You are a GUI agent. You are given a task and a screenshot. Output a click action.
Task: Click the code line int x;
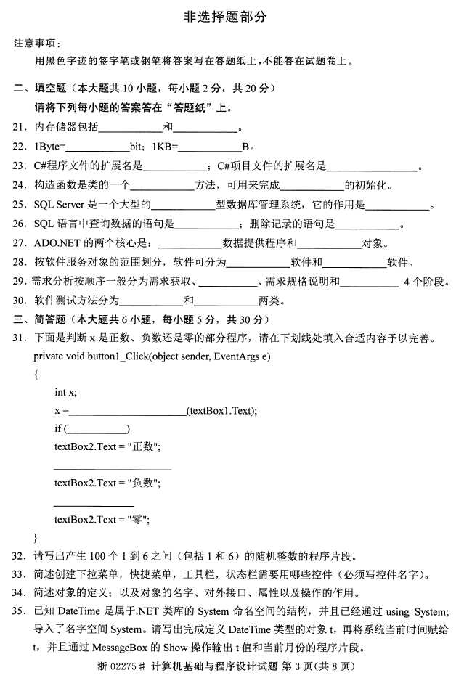click(x=65, y=392)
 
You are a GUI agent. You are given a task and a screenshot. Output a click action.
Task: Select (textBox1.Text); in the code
click(x=221, y=410)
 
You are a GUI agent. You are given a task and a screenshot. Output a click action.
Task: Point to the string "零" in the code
click(x=138, y=519)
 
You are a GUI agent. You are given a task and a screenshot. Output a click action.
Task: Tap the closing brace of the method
click(x=36, y=537)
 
